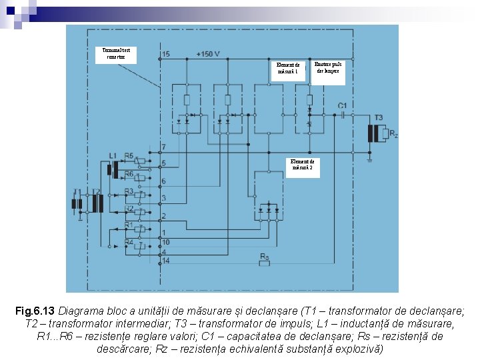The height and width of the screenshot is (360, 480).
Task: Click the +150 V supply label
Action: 208,54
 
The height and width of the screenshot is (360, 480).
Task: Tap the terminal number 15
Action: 165,54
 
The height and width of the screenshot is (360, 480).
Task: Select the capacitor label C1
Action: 342,105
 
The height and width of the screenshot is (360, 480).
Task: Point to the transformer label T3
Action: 379,118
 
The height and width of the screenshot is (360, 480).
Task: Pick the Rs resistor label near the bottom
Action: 264,257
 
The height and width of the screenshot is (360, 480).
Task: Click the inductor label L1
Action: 113,155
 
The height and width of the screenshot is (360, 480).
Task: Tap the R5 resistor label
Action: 129,155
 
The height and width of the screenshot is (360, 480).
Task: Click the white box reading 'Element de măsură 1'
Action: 288,68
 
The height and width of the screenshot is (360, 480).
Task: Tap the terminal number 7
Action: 164,147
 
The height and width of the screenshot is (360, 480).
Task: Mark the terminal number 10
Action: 166,241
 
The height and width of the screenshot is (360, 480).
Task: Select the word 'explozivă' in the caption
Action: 359,349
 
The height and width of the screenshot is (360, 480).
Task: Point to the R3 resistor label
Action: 129,192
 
